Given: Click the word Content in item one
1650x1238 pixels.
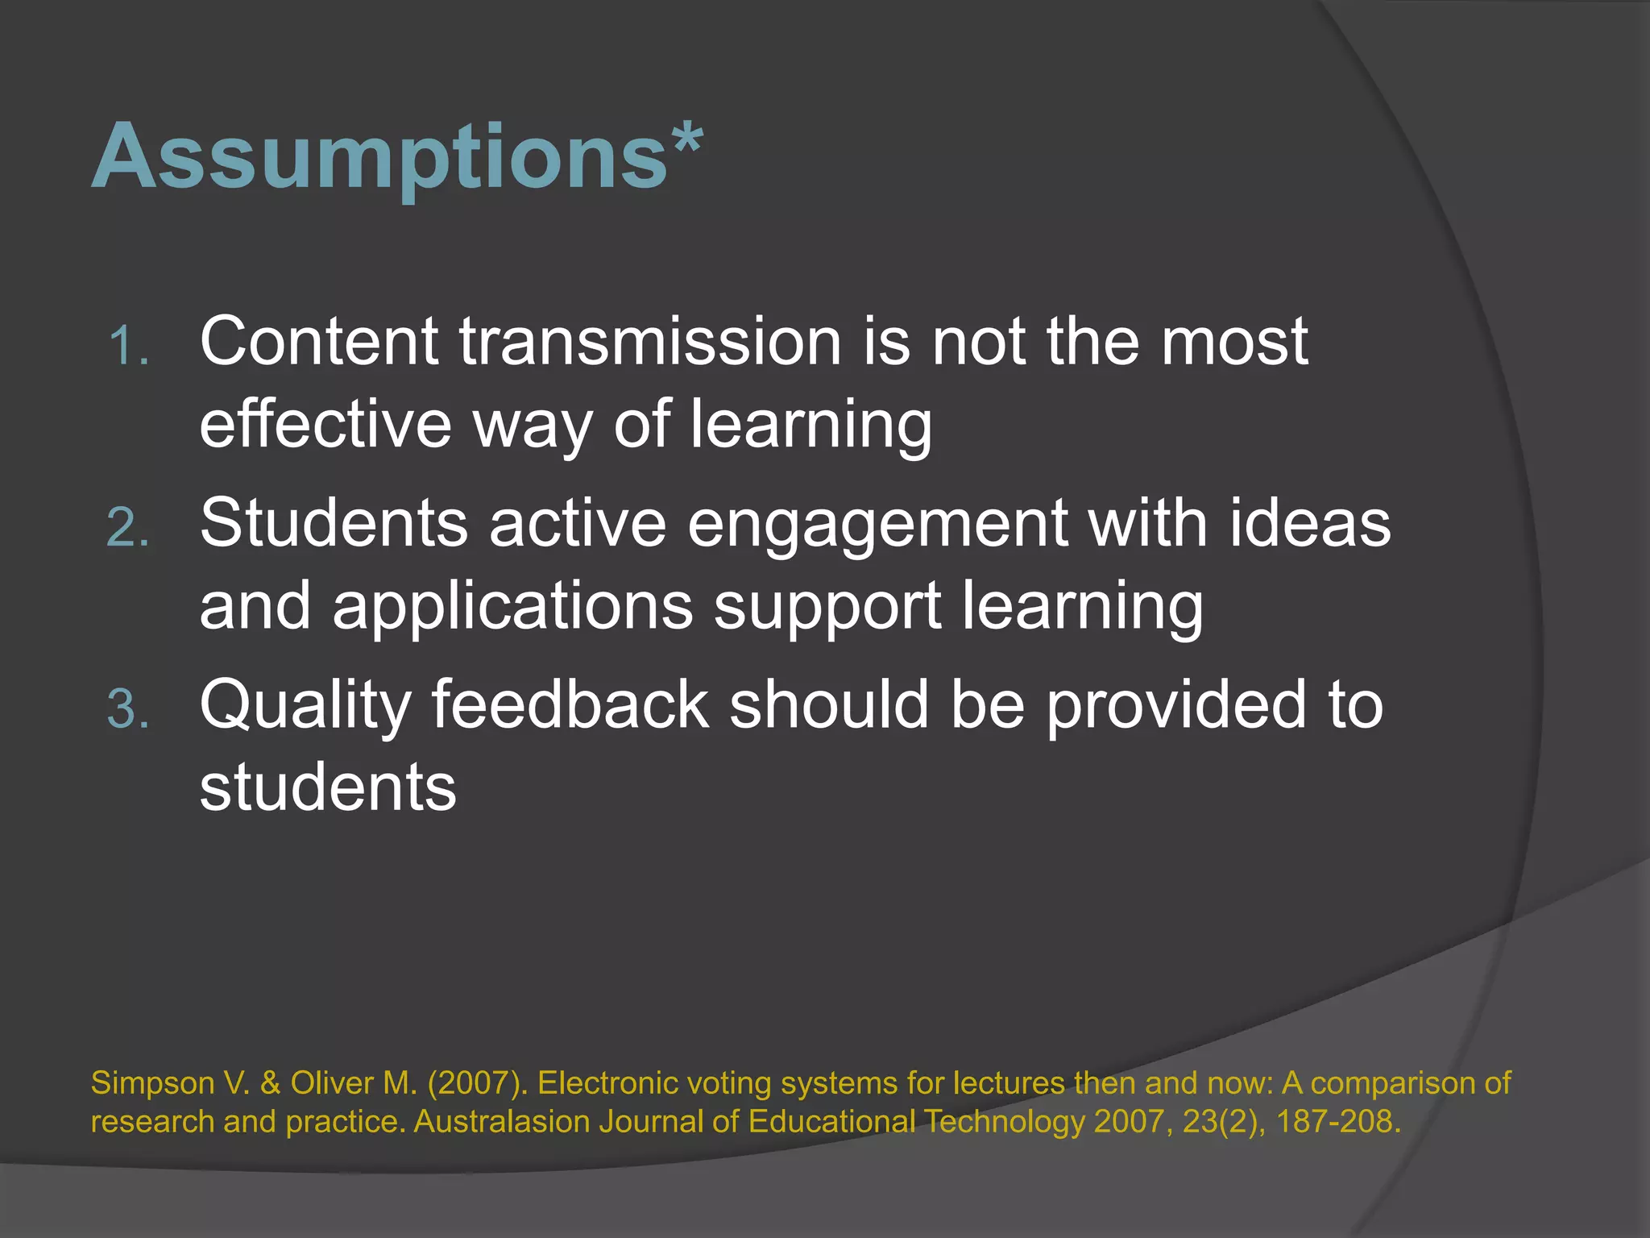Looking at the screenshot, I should click(319, 342).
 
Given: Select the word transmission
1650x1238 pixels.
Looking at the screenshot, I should click(651, 342).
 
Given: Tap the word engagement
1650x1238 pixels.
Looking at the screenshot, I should click(877, 524).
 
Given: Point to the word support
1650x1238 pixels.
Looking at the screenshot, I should click(827, 606).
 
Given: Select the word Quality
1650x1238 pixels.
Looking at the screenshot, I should click(305, 706).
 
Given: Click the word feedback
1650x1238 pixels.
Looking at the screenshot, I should click(570, 705).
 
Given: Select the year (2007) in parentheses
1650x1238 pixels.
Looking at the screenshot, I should click(477, 1083).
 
